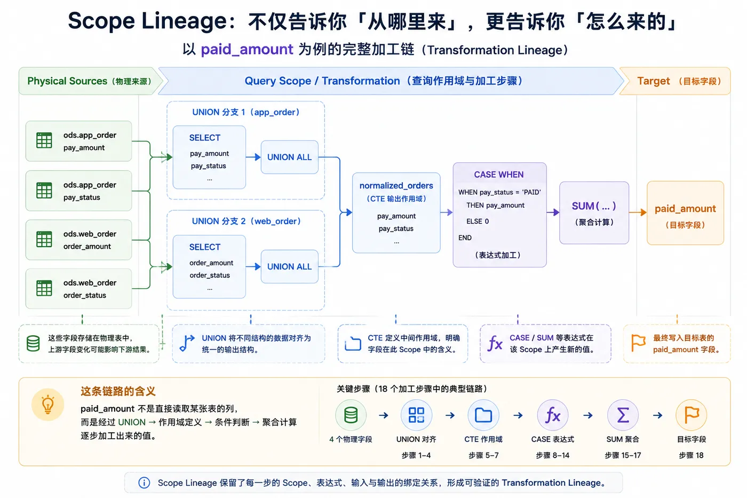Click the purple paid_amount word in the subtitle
(x=247, y=49)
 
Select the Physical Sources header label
(x=67, y=81)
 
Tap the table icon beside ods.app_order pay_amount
(x=44, y=140)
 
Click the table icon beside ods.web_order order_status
(x=44, y=288)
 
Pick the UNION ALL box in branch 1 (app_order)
(x=289, y=157)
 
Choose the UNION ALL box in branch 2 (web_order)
(x=289, y=266)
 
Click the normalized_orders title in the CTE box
(x=396, y=185)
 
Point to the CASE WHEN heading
(x=499, y=175)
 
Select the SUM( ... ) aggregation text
(x=594, y=206)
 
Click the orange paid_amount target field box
(x=685, y=213)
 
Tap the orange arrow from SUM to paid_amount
(x=638, y=212)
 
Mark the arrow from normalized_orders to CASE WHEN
(x=447, y=212)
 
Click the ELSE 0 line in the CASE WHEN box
(x=478, y=221)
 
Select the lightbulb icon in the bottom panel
(x=47, y=405)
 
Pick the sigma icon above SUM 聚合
(x=623, y=415)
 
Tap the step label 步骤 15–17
(x=623, y=455)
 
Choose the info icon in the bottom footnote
(x=144, y=483)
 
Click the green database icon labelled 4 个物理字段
(x=351, y=415)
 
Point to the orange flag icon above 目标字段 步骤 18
(x=692, y=415)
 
